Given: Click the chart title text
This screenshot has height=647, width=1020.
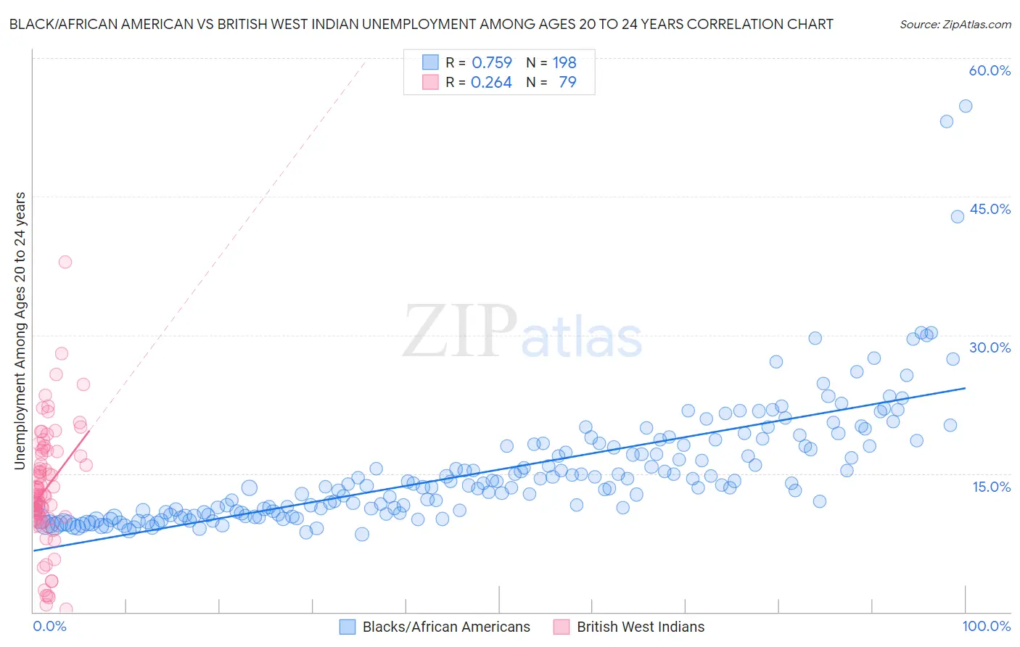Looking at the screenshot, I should pos(421,24).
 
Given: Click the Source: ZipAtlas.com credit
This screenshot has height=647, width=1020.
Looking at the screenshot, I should pos(955,24).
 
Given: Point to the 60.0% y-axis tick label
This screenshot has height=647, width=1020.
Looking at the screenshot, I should pos(990,70).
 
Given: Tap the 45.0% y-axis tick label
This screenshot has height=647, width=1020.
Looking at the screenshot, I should pos(990,209).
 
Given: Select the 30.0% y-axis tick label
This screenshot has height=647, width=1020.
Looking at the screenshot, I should pos(990,347).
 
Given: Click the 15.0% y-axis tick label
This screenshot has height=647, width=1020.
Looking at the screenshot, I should pos(991,486).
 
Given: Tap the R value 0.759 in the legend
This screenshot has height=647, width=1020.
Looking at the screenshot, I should pos(492,62).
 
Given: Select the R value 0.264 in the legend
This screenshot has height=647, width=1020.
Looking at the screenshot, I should pos(491,83).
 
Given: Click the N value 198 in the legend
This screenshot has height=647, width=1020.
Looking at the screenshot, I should pos(564,62).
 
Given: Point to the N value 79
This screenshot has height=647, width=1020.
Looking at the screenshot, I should pos(567,83).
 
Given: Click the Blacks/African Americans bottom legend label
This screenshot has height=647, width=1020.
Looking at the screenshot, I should pos(446,627).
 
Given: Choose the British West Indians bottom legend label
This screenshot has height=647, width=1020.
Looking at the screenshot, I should pos(641,627).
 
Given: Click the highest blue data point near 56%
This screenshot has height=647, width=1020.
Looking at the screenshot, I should pos(966,106).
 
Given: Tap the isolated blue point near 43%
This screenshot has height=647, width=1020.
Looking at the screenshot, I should pos(958,216).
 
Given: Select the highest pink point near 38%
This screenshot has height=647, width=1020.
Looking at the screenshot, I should pos(65,262).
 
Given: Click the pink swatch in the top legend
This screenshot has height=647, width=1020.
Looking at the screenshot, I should pos(430,82).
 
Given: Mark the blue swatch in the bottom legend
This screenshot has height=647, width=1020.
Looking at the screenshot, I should pos(347,627).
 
